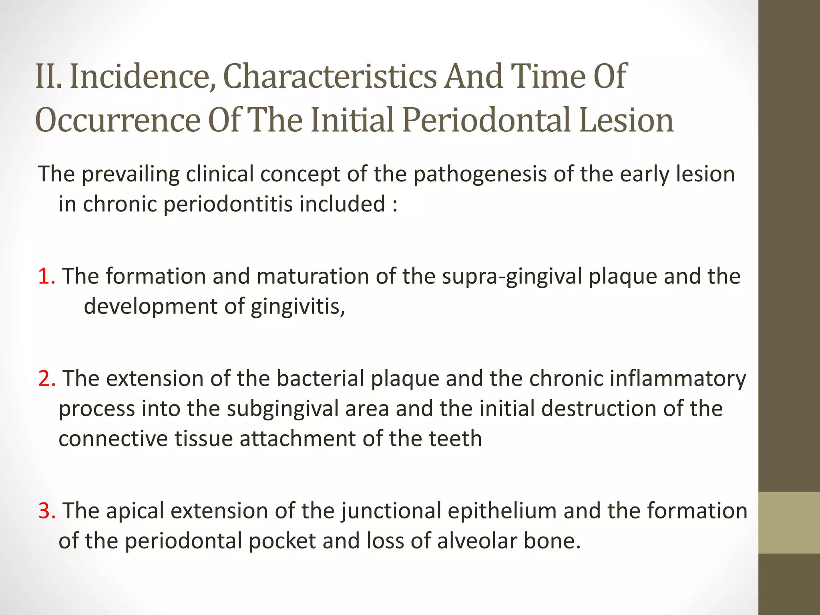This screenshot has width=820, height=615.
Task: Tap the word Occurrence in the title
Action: (117, 120)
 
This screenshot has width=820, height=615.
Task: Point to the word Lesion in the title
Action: (626, 120)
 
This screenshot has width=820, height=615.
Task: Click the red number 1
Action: (46, 276)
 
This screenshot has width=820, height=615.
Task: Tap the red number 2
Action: (47, 378)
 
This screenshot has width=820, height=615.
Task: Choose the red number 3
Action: (47, 510)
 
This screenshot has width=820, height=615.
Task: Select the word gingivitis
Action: (297, 307)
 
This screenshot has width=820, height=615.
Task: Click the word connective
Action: (113, 438)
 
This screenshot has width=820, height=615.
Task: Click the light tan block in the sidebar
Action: (789, 523)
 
